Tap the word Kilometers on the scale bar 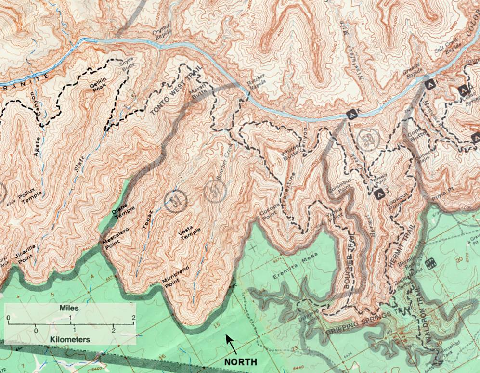70,339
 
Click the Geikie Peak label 98,85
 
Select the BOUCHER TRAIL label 350,265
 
